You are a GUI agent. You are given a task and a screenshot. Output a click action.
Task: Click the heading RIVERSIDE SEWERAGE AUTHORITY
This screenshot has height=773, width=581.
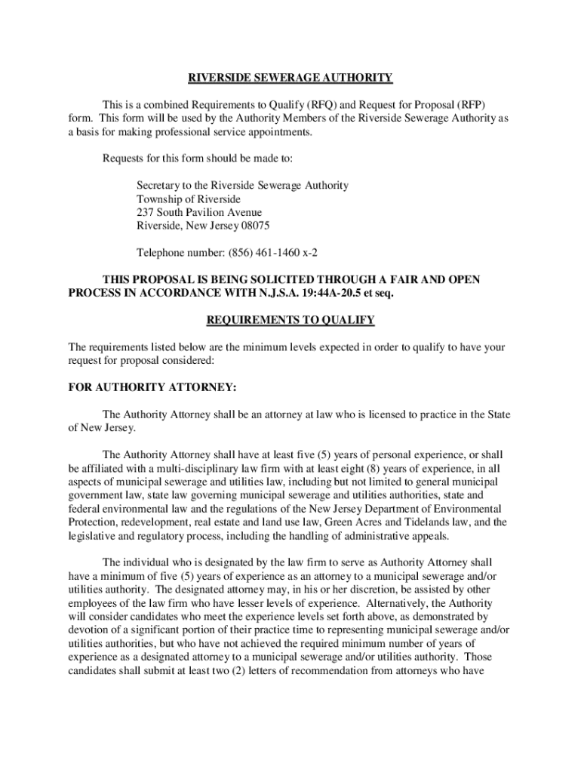tap(290, 78)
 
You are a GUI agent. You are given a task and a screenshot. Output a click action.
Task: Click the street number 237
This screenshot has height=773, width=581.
tap(145, 212)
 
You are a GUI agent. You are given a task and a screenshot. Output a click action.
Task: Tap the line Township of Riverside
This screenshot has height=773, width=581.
tap(189, 199)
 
